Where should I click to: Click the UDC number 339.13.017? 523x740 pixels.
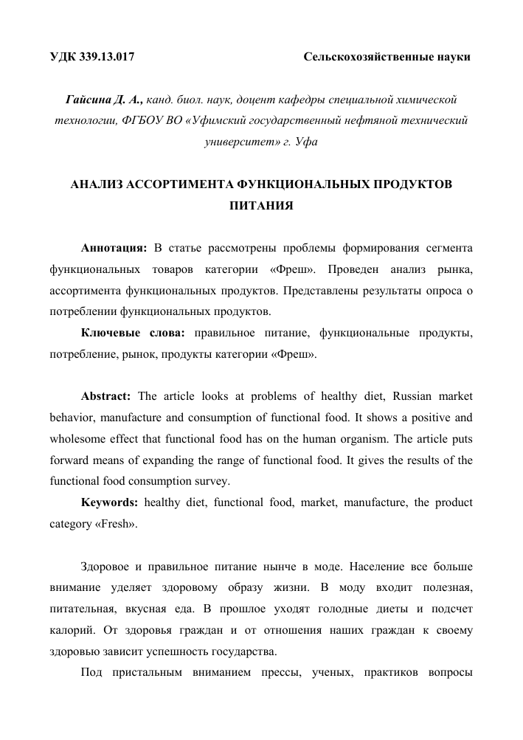tap(105, 56)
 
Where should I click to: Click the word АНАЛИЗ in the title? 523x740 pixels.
tap(97, 184)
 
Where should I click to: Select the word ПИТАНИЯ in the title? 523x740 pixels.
tap(261, 206)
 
